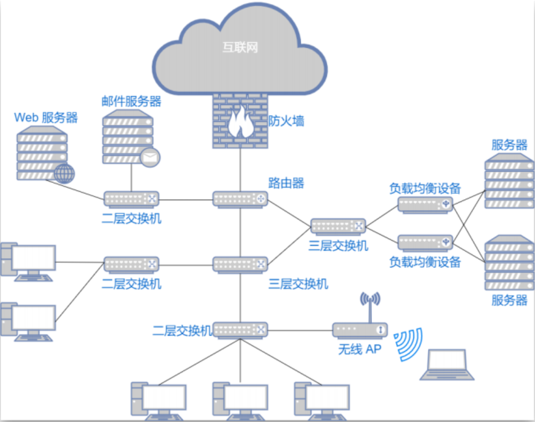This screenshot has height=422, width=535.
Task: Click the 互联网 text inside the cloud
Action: [240, 48]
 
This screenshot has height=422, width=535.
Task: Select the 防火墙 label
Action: [286, 121]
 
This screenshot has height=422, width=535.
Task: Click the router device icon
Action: [240, 199]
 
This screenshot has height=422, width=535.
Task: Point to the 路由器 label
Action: [286, 183]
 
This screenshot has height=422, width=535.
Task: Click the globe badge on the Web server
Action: [64, 173]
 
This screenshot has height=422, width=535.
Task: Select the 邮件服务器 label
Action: [132, 101]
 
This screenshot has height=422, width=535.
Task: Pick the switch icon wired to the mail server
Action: [132, 199]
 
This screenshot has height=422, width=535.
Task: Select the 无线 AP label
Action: [360, 350]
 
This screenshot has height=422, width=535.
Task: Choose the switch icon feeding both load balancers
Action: [338, 226]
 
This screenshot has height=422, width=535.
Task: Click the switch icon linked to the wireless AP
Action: [240, 329]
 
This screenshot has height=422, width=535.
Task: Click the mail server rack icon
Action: [128, 137]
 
